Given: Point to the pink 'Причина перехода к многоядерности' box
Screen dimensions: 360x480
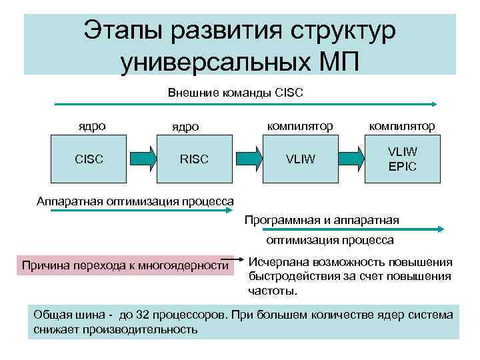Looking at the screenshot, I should (x=125, y=265).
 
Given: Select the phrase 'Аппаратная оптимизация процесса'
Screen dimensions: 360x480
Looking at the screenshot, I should (x=135, y=201).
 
